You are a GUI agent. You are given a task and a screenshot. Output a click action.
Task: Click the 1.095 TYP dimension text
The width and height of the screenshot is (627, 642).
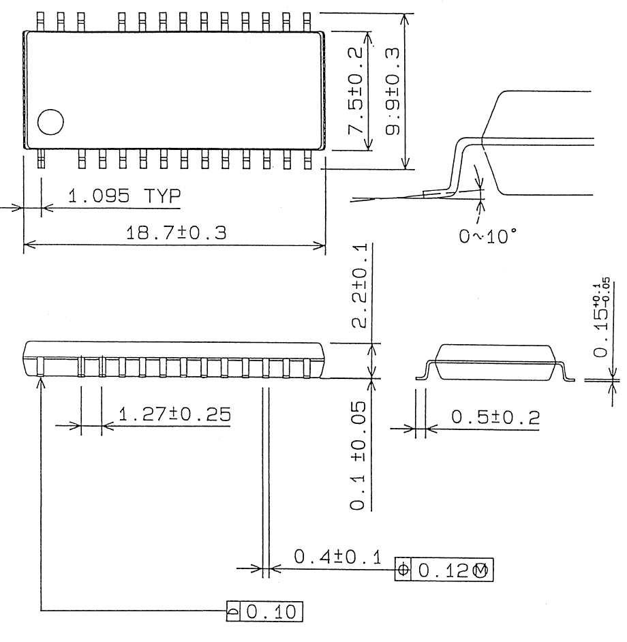[x=125, y=198]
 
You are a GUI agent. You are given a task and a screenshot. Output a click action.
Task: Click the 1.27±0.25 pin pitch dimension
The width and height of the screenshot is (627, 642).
[x=174, y=415]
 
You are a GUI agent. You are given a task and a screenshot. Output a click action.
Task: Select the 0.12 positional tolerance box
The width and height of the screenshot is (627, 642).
[x=444, y=569]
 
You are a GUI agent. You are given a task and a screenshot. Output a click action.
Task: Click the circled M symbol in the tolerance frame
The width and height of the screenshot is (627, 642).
[x=481, y=570]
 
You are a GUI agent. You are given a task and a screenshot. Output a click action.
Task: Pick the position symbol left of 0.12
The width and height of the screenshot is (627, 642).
[x=403, y=569]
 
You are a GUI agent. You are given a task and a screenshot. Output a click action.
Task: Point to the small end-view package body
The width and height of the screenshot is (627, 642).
[x=495, y=361]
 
